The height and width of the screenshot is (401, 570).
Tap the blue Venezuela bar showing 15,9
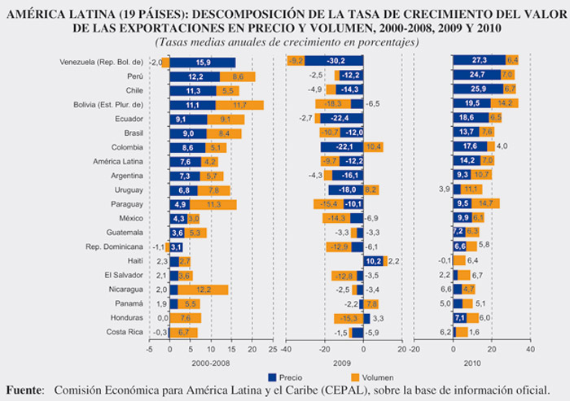(x=203, y=62)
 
